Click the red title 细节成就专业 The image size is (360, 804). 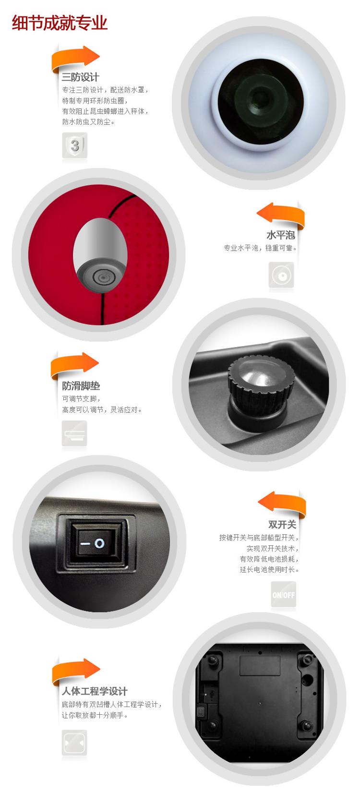tap(60, 23)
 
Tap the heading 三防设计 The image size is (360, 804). tap(80, 77)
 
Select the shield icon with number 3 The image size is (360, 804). tap(75, 145)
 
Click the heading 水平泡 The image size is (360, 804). tap(281, 235)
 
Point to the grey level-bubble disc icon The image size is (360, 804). tap(281, 276)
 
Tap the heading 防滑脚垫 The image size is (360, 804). tap(81, 386)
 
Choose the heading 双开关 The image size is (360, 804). tap(282, 524)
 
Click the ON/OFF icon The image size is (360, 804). tap(284, 594)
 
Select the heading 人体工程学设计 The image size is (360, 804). tap(95, 691)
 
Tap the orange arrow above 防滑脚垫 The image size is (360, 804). tap(75, 365)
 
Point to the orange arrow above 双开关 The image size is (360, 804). tap(282, 504)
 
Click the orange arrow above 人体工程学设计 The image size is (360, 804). tap(76, 671)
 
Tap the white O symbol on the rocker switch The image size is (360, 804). tap(99, 543)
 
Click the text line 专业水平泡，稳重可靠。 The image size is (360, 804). tap(260, 248)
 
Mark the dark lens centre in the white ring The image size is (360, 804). tap(261, 102)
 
